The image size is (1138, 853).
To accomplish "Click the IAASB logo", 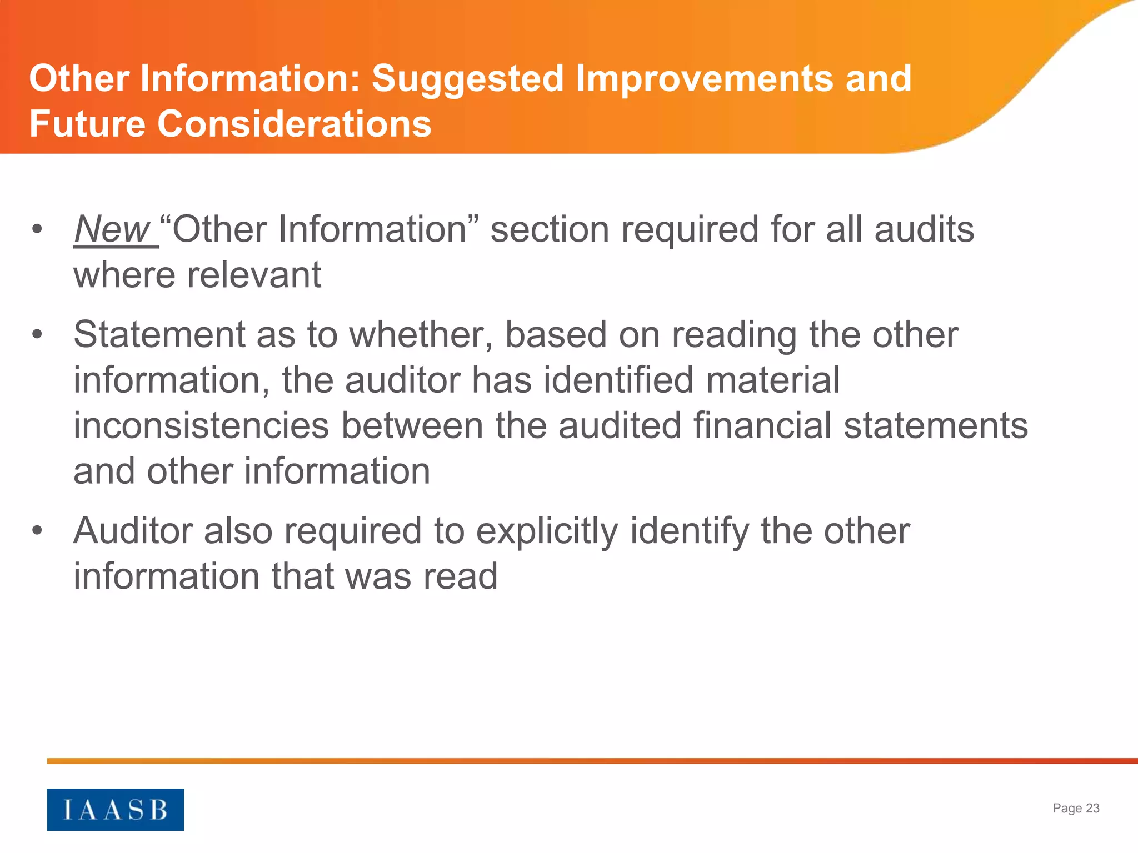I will (x=115, y=809).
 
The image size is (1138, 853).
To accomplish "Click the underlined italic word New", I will (x=113, y=229).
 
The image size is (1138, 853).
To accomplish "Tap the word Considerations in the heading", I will (x=295, y=123).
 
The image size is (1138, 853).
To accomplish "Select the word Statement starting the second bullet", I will (x=159, y=335).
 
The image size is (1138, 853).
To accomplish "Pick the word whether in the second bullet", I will (x=420, y=335).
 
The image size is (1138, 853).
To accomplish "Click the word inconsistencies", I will (x=201, y=426).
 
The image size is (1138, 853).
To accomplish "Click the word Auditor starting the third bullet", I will (x=133, y=531).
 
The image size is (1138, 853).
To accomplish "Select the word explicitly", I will (x=547, y=531).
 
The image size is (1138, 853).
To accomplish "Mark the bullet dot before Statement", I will (x=37, y=334).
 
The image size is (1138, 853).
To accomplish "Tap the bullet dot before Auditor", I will (x=37, y=530).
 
